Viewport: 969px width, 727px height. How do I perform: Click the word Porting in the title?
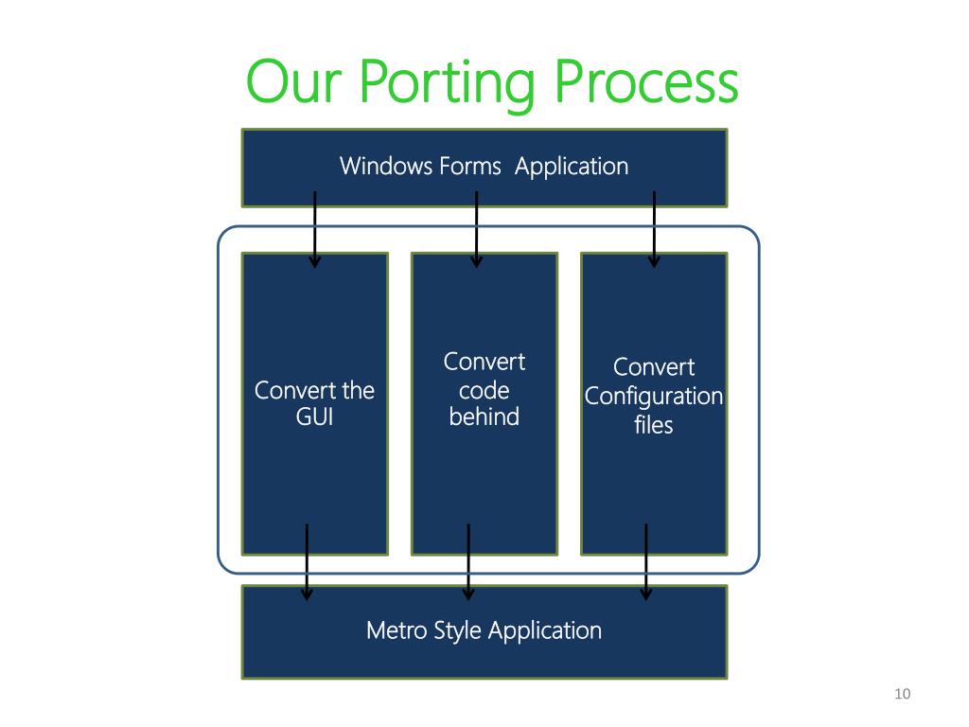(447, 84)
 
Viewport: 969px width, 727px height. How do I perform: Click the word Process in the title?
(645, 81)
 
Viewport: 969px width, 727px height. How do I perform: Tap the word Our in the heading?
(293, 81)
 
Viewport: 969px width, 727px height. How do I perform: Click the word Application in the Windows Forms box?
(572, 167)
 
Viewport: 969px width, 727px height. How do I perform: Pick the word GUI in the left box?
(314, 417)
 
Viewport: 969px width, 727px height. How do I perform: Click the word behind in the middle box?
(484, 417)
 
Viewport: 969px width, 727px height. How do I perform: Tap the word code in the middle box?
(484, 390)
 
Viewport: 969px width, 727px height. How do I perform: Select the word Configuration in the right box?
(654, 397)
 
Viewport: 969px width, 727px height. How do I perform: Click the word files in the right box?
(653, 425)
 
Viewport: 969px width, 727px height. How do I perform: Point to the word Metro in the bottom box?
(396, 630)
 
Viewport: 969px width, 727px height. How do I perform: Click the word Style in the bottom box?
(457, 631)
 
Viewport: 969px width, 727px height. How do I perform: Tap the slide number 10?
(902, 694)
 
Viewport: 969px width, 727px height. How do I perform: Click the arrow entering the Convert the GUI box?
(314, 229)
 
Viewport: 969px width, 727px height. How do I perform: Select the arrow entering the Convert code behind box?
(477, 229)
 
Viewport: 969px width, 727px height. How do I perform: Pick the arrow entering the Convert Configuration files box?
(654, 229)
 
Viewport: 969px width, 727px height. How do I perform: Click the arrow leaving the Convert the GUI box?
(307, 562)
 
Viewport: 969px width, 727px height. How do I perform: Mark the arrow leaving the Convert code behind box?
(468, 562)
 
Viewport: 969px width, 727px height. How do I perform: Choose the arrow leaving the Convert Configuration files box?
(645, 562)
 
